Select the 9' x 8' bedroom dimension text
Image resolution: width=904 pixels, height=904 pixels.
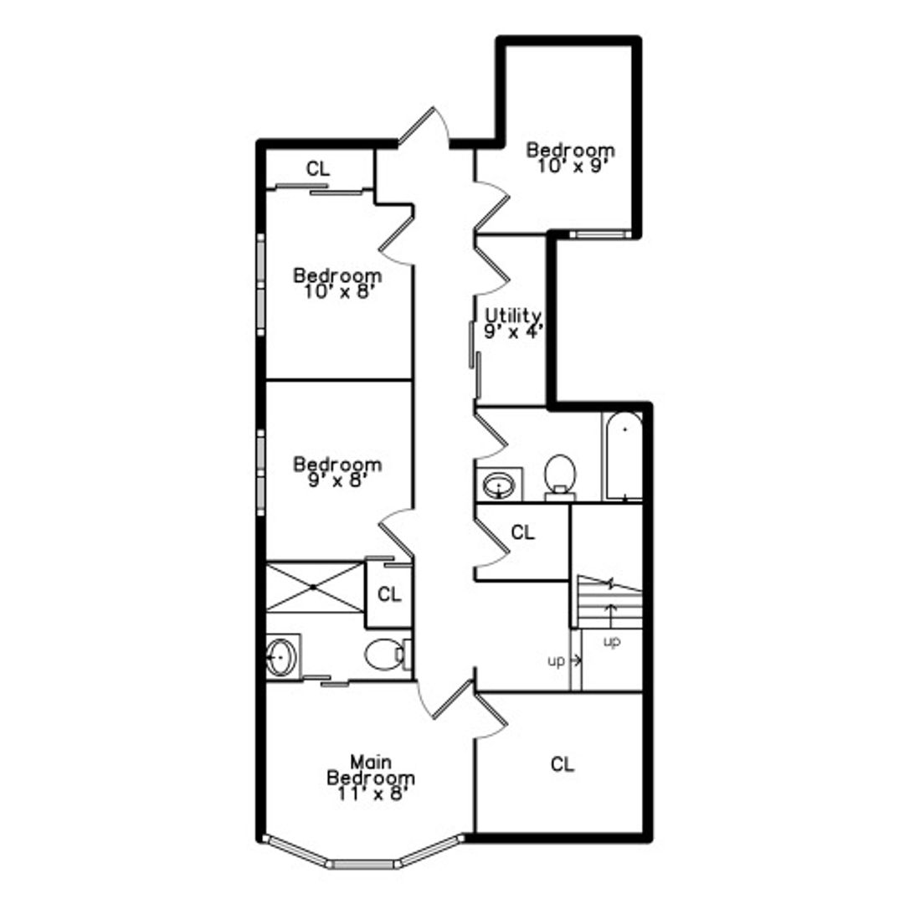pyautogui.click(x=338, y=480)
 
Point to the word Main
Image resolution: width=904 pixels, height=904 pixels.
pyautogui.click(x=371, y=762)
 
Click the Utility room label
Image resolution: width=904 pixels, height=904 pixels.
pyautogui.click(x=512, y=316)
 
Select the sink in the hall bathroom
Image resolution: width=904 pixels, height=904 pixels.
pyautogui.click(x=499, y=485)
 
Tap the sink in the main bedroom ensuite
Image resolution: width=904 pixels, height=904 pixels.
pyautogui.click(x=283, y=657)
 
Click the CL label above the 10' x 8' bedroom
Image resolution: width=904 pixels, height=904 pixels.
pyautogui.click(x=318, y=169)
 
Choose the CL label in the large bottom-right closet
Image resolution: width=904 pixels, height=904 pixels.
pyautogui.click(x=562, y=764)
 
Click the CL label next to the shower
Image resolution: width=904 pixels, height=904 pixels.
pyautogui.click(x=389, y=593)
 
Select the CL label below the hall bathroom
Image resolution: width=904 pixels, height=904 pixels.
pyautogui.click(x=523, y=532)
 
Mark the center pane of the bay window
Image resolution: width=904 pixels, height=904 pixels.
pyautogui.click(x=364, y=864)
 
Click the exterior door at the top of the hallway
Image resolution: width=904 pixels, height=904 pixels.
pyautogui.click(x=424, y=128)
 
